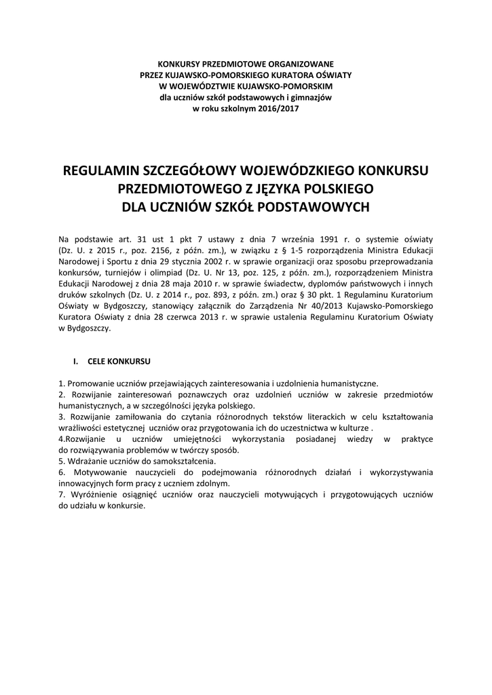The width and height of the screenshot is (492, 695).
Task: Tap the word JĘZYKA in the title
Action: pyautogui.click(x=273, y=187)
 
